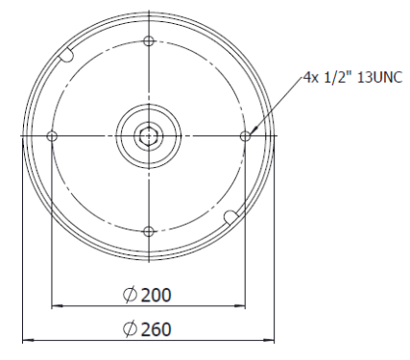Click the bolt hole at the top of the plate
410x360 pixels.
149,41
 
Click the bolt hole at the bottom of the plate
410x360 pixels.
149,231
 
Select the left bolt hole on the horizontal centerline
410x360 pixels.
52,136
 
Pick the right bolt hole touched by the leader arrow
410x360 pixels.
245,136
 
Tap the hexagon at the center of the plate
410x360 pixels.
149,136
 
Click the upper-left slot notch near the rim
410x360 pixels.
66,54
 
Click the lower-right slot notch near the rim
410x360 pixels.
230,218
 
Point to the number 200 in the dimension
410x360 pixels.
157,296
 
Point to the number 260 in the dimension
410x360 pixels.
157,329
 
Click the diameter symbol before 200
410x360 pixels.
130,295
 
